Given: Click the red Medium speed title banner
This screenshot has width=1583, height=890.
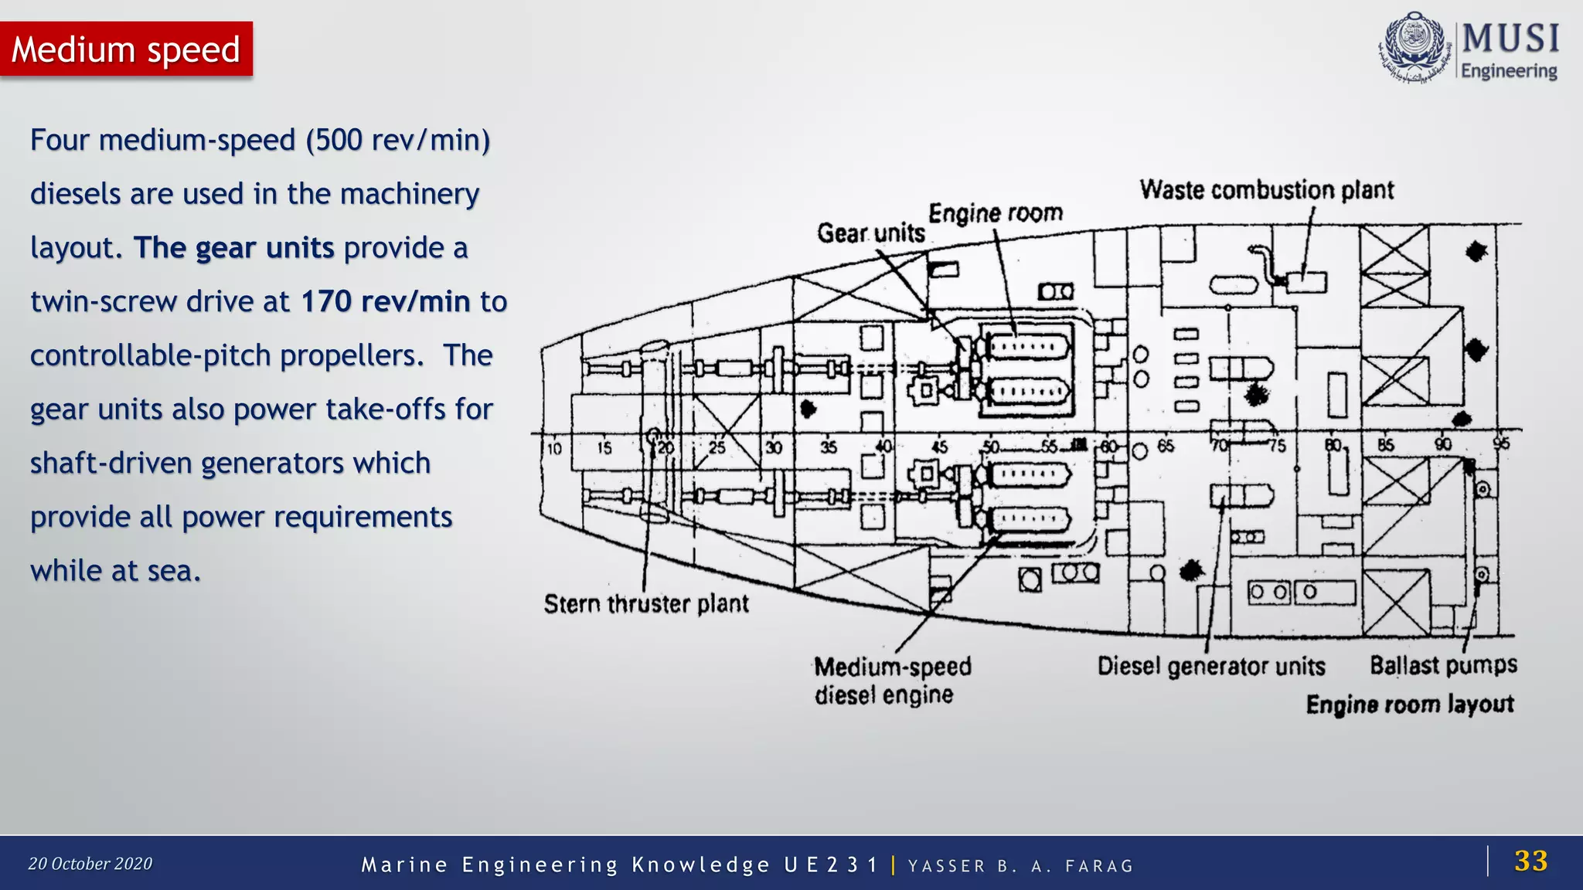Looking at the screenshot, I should pos(126,49).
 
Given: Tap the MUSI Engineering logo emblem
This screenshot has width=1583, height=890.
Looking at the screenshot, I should pos(1414,48).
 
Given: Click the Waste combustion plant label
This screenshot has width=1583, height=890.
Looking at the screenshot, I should pos(1266,190).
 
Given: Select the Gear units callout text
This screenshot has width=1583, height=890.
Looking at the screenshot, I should pos(871,233).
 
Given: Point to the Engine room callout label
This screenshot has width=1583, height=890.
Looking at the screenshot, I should pos(996,212).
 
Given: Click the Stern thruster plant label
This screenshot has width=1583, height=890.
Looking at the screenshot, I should pos(646,603).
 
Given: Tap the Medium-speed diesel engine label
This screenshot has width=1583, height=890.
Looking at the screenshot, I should pos(892,681).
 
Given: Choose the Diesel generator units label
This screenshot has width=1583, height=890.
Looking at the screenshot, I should pos(1211,666).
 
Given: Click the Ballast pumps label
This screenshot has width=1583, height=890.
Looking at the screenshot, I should pos(1443,664).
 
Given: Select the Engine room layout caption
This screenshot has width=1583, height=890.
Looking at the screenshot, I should pos(1410,705).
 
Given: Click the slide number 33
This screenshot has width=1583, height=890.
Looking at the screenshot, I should pos(1530,861).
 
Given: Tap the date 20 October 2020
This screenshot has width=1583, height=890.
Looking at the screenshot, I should pos(90,864).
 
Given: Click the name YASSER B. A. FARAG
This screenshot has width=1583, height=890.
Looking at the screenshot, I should pos(1020,866).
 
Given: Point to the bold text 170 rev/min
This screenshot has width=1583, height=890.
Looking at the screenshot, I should pos(385,301).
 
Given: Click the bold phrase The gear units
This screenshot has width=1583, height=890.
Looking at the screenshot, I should pos(233,248).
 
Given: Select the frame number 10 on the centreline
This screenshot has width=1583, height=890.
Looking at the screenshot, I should pos(554,448).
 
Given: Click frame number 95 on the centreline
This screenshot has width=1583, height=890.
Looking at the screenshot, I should pos(1500,443).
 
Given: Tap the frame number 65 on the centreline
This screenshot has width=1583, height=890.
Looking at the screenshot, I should pos(1166,446).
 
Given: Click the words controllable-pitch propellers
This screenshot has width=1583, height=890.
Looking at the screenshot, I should pos(226,355).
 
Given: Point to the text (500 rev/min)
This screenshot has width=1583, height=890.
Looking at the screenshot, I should pos(398,141).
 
